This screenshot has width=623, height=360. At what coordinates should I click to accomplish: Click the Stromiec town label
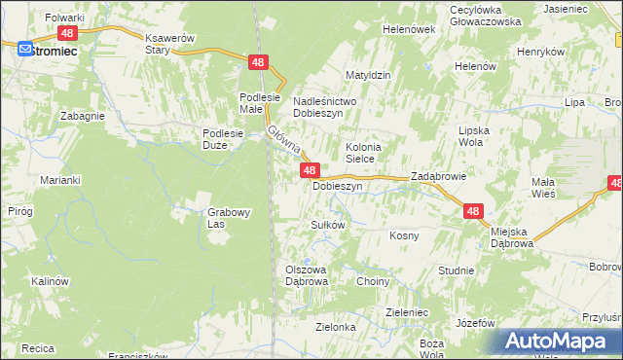[x=52, y=50]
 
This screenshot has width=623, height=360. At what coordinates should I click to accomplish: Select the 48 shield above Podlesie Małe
[x=257, y=62]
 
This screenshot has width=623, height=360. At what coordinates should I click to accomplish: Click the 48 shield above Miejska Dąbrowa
[x=473, y=210]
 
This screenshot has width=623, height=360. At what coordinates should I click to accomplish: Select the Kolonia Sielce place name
[x=364, y=154]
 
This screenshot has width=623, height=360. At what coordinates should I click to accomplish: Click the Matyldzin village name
[x=369, y=74]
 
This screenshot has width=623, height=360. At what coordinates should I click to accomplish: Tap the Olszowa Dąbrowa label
[x=307, y=275]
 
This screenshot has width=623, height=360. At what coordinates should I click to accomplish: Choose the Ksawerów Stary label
[x=170, y=44]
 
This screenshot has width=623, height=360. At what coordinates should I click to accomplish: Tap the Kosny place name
[x=404, y=235]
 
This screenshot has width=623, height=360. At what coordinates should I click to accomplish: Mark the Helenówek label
[x=409, y=29]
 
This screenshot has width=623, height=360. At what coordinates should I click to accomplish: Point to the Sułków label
[x=328, y=225]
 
